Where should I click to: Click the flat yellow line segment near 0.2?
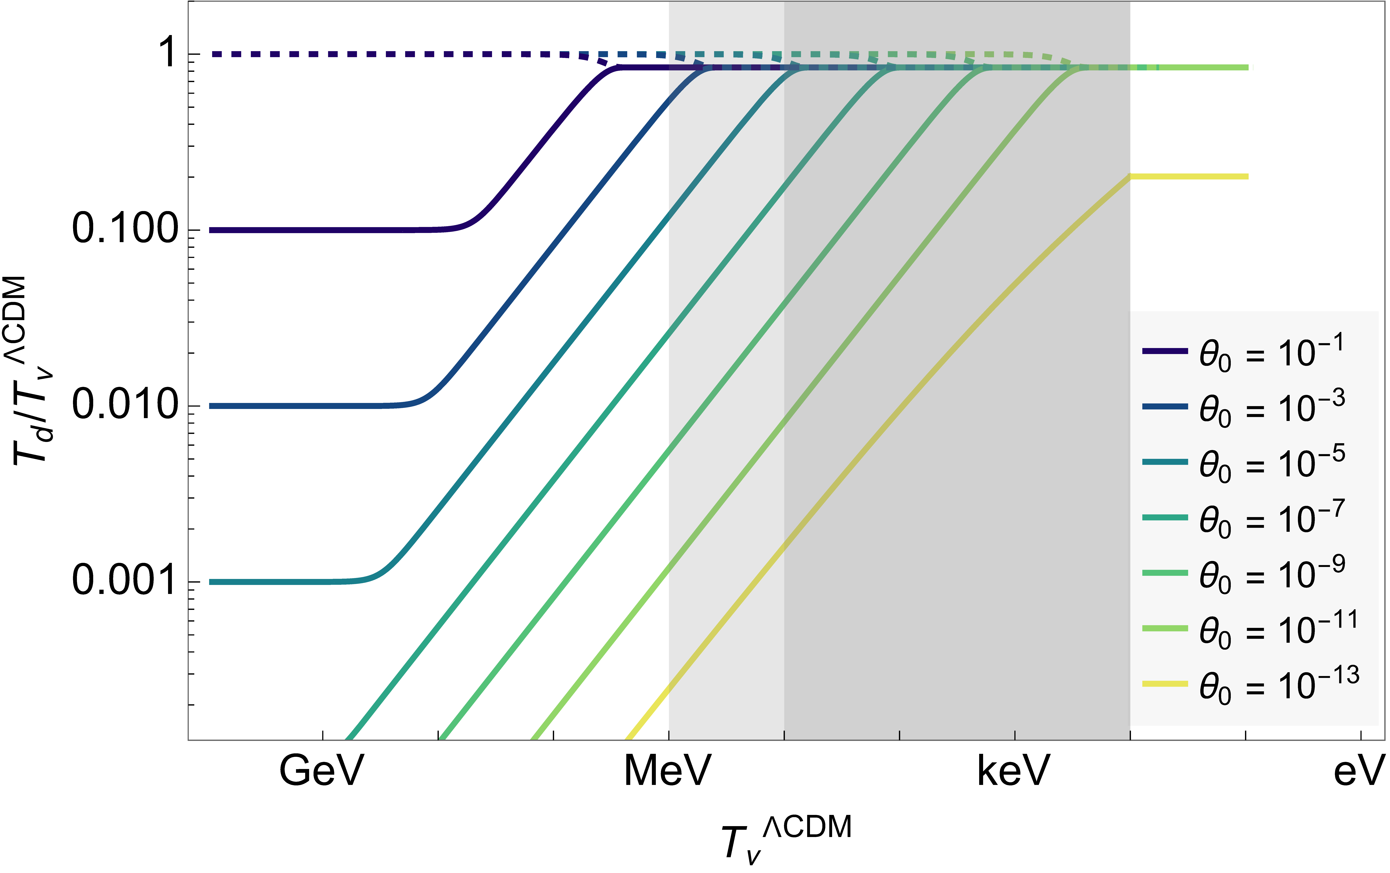[1189, 176]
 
